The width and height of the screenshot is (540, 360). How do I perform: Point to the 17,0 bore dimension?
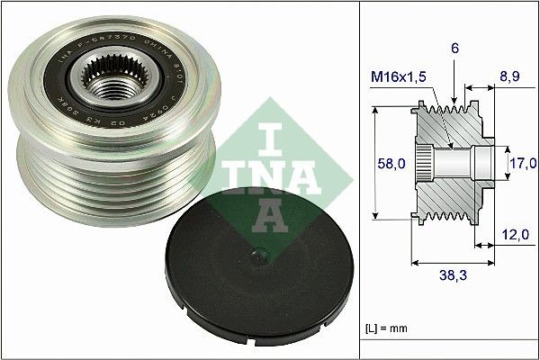(x=523, y=163)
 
